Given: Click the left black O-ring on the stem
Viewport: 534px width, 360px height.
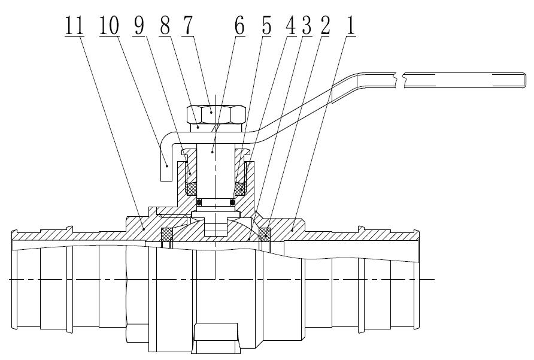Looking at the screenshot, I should click(x=192, y=201).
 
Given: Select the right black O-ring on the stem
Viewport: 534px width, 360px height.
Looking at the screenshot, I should click(x=235, y=201).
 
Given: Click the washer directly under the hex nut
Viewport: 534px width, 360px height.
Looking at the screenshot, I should click(x=215, y=126).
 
